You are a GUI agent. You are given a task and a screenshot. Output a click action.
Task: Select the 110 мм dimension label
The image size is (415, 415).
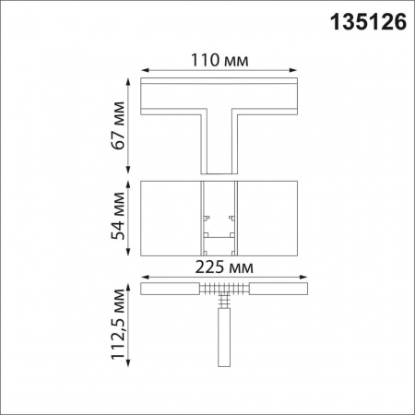(x=218, y=61)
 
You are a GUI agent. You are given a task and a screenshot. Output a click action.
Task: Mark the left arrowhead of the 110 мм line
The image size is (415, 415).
(x=144, y=70)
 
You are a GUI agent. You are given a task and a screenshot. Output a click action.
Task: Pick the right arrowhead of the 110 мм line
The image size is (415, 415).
(x=297, y=70)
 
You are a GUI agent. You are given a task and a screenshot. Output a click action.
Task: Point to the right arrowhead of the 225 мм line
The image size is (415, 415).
(x=297, y=279)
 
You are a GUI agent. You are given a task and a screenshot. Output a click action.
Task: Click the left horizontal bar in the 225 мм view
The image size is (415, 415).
(x=170, y=289)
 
